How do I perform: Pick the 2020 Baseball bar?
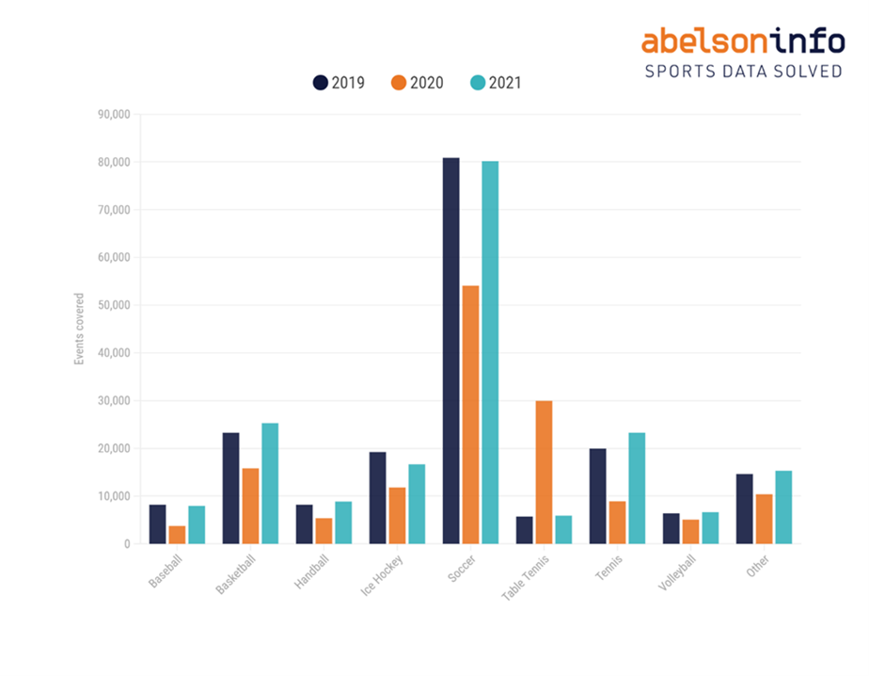177,535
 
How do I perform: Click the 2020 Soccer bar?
470,414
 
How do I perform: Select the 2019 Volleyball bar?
671,528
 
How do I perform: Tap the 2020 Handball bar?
324,530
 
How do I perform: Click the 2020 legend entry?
417,83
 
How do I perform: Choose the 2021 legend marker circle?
477,83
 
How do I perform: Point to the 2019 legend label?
348,83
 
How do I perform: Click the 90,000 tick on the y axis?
113,115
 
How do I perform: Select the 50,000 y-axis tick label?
113,305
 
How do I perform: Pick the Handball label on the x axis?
311,572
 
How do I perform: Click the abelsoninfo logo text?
743,40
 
